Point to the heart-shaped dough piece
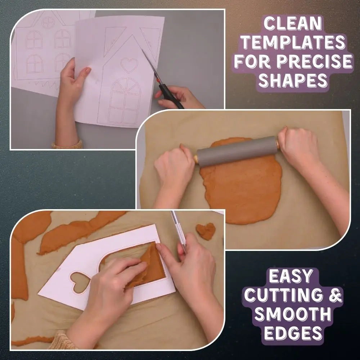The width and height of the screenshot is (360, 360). (206, 231)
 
